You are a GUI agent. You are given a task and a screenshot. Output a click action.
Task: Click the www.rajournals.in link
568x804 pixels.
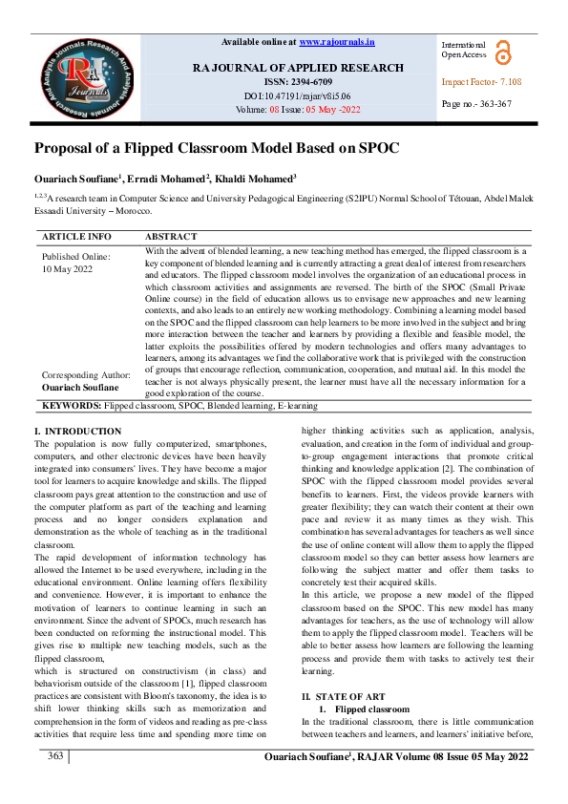tap(337, 42)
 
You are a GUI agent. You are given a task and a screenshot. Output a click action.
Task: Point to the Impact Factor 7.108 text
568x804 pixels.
tap(481, 82)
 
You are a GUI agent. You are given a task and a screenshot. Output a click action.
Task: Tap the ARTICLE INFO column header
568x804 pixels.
tap(76, 236)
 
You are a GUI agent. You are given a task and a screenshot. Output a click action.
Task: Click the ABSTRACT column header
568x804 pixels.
tap(171, 236)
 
